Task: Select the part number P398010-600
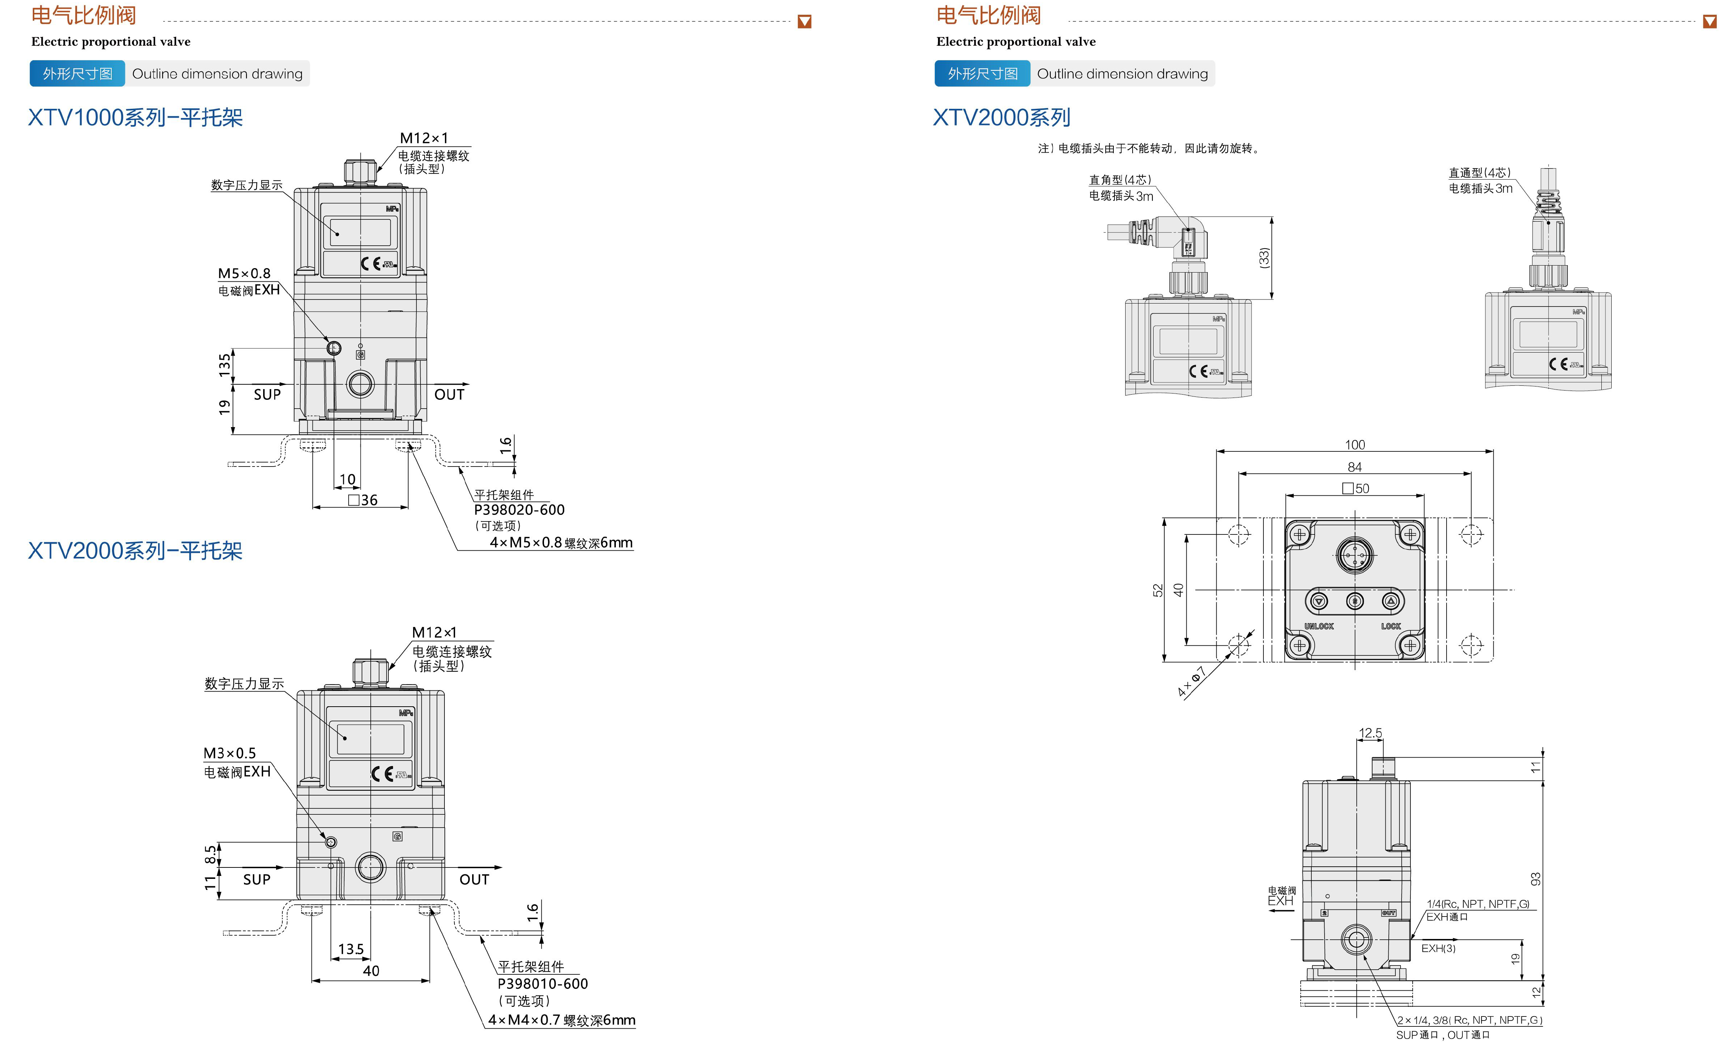point(543,984)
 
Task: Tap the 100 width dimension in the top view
point(1354,445)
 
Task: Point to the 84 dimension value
point(1354,467)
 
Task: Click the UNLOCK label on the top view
point(1319,626)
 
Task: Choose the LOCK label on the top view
point(1391,626)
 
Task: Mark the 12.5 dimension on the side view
point(1370,733)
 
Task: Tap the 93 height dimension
point(1536,879)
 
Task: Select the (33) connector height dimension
point(1263,257)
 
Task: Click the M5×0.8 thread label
point(244,274)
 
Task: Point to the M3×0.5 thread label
point(229,753)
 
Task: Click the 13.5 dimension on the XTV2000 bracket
point(351,949)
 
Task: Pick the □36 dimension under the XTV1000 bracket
point(363,500)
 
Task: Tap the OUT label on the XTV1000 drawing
point(449,395)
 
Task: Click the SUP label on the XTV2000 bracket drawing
point(257,879)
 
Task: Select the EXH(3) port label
point(1438,949)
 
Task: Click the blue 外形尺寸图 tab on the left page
point(77,73)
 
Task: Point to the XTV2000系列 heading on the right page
point(1001,118)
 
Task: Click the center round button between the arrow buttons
point(1354,601)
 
